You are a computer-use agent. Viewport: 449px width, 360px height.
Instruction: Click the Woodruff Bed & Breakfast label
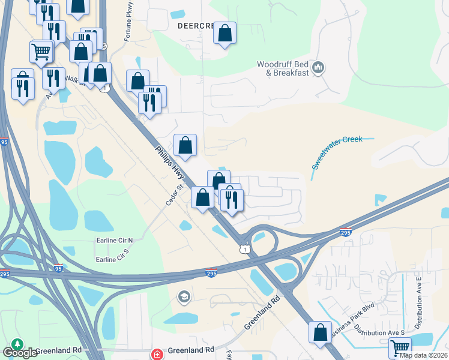[x=283, y=68]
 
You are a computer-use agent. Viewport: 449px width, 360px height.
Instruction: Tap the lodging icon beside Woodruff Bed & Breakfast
[x=319, y=67]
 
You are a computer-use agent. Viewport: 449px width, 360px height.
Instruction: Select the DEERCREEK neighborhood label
[x=195, y=27]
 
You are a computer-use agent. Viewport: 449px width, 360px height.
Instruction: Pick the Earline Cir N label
[x=115, y=240]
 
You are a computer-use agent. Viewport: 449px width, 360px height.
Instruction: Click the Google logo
[x=20, y=353]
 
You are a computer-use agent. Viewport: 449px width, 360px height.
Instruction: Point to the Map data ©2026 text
[x=424, y=355]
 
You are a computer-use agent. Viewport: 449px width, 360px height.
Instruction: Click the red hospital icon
[x=157, y=354]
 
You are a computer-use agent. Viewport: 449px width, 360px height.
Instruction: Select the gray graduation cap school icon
[x=184, y=296]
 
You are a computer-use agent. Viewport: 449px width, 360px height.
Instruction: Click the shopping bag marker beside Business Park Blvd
[x=320, y=331]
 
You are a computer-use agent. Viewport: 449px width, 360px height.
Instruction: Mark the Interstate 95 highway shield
[x=58, y=268]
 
